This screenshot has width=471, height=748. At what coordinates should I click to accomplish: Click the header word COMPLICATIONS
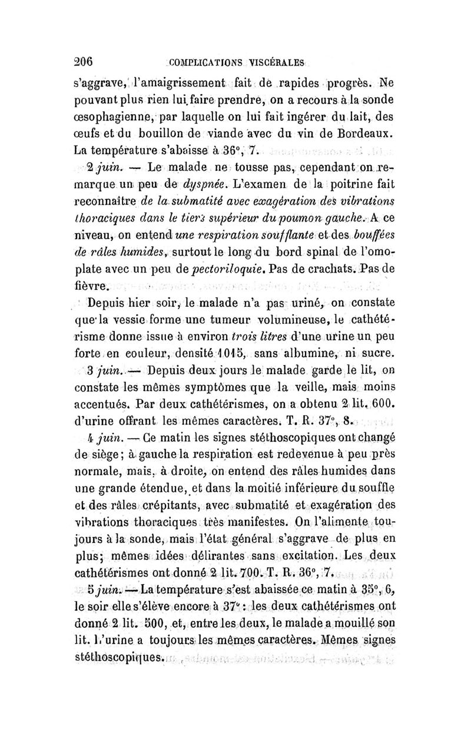click(x=205, y=63)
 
